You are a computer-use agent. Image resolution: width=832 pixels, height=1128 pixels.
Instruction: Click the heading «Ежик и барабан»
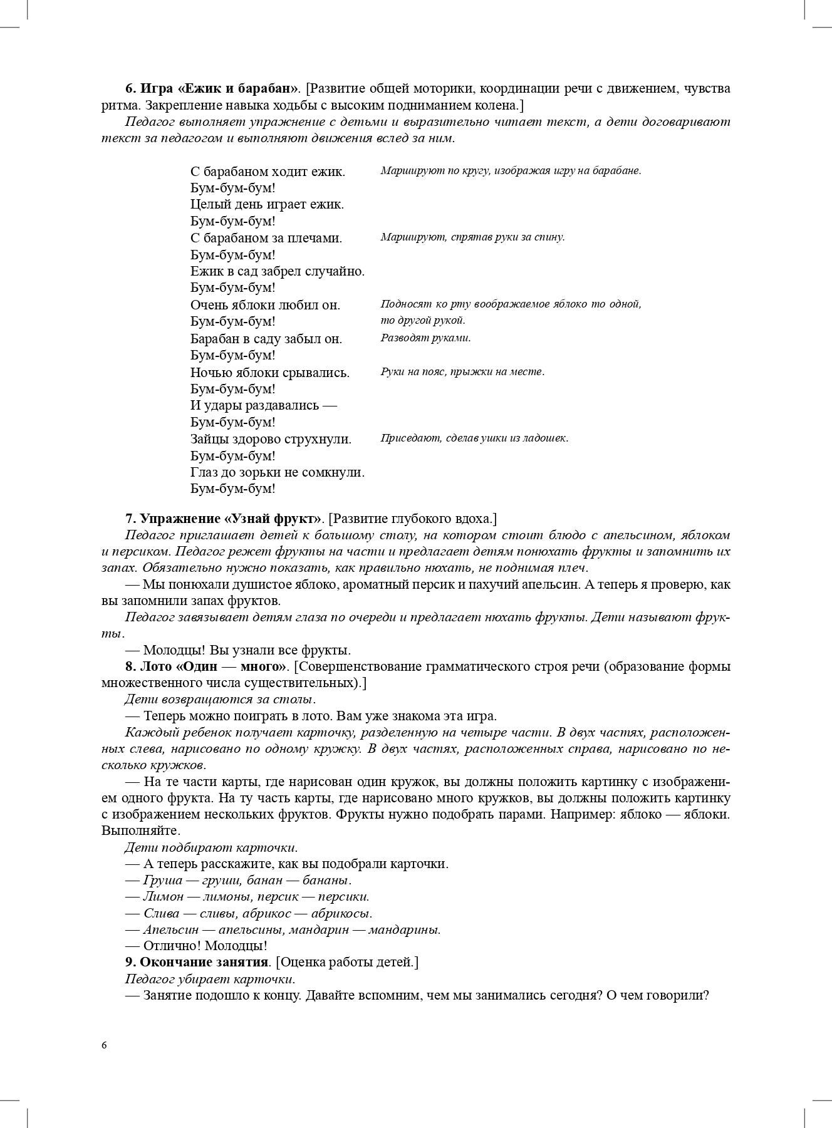pos(213,88)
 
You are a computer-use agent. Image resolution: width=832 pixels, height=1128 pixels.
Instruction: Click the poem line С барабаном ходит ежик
pos(268,171)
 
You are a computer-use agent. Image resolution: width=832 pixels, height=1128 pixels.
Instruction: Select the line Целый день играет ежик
pos(267,204)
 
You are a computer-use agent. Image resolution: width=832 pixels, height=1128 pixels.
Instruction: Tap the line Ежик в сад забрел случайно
pos(277,271)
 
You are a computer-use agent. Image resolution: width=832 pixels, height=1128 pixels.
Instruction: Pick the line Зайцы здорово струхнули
pos(271,439)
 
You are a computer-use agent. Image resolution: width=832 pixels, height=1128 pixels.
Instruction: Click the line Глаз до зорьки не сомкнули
pos(277,472)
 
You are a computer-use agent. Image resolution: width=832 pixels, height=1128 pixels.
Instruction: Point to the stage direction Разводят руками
pos(425,338)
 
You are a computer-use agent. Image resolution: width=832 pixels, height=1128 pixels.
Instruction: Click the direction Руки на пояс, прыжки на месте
pos(462,371)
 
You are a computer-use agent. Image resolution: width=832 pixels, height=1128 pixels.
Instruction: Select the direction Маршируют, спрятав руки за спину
pos(472,237)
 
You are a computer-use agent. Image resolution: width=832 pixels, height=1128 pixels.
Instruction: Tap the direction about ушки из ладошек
pos(474,438)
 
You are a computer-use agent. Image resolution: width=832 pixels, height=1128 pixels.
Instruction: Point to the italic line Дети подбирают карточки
pos(211,847)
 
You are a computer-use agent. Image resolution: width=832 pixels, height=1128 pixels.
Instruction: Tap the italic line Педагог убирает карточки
pos(210,978)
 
